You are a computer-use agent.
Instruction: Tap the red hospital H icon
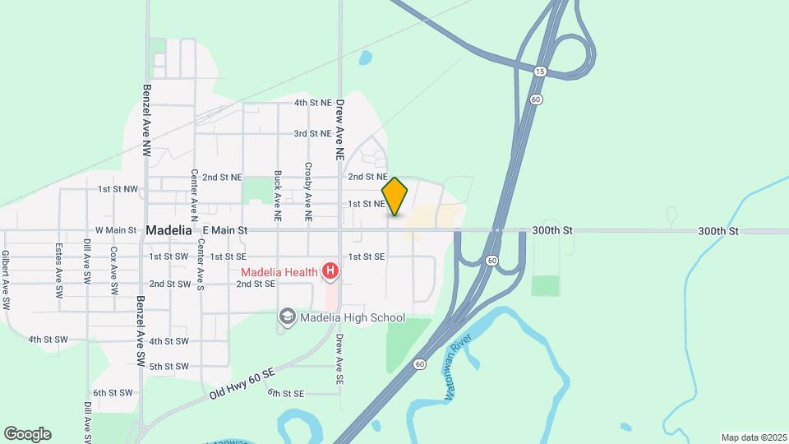330,271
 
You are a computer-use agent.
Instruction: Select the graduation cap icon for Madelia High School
287,317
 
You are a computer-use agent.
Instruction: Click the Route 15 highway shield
540,72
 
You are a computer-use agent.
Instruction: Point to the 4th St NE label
312,104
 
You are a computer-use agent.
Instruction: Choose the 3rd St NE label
312,133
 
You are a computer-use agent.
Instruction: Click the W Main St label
116,231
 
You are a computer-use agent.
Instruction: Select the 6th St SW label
112,393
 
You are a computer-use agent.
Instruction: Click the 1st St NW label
118,189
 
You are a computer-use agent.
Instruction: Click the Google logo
27,434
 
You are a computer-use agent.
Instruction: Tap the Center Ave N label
195,195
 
